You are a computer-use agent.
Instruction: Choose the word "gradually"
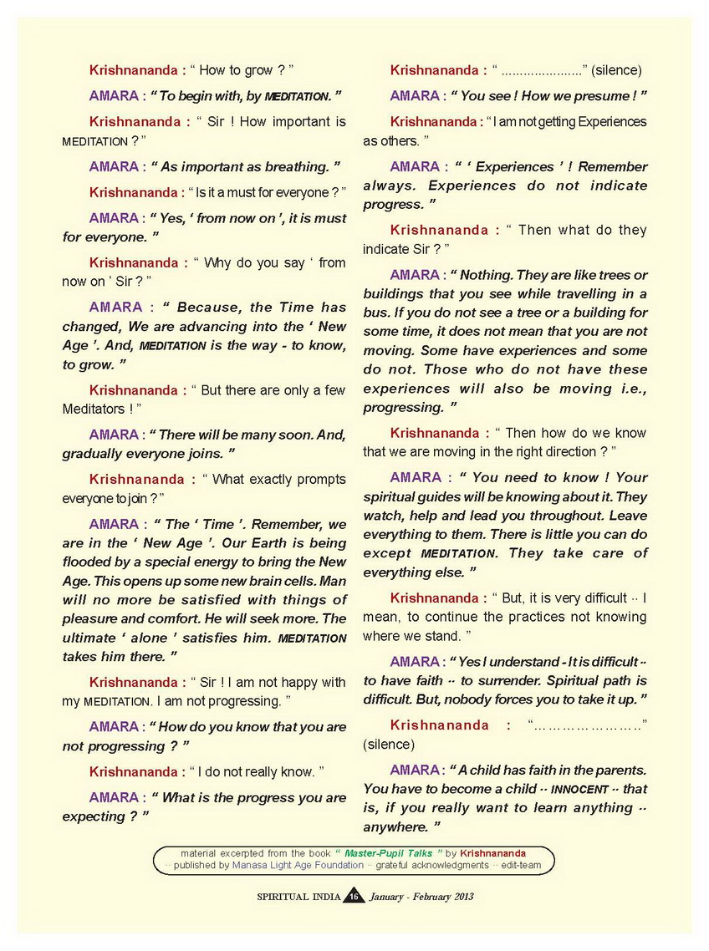tap(94, 454)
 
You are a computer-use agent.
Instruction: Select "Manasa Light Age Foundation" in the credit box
tap(298, 866)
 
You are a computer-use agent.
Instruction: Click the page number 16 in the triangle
tap(354, 897)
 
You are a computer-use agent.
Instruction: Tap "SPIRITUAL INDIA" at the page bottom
tap(298, 897)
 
